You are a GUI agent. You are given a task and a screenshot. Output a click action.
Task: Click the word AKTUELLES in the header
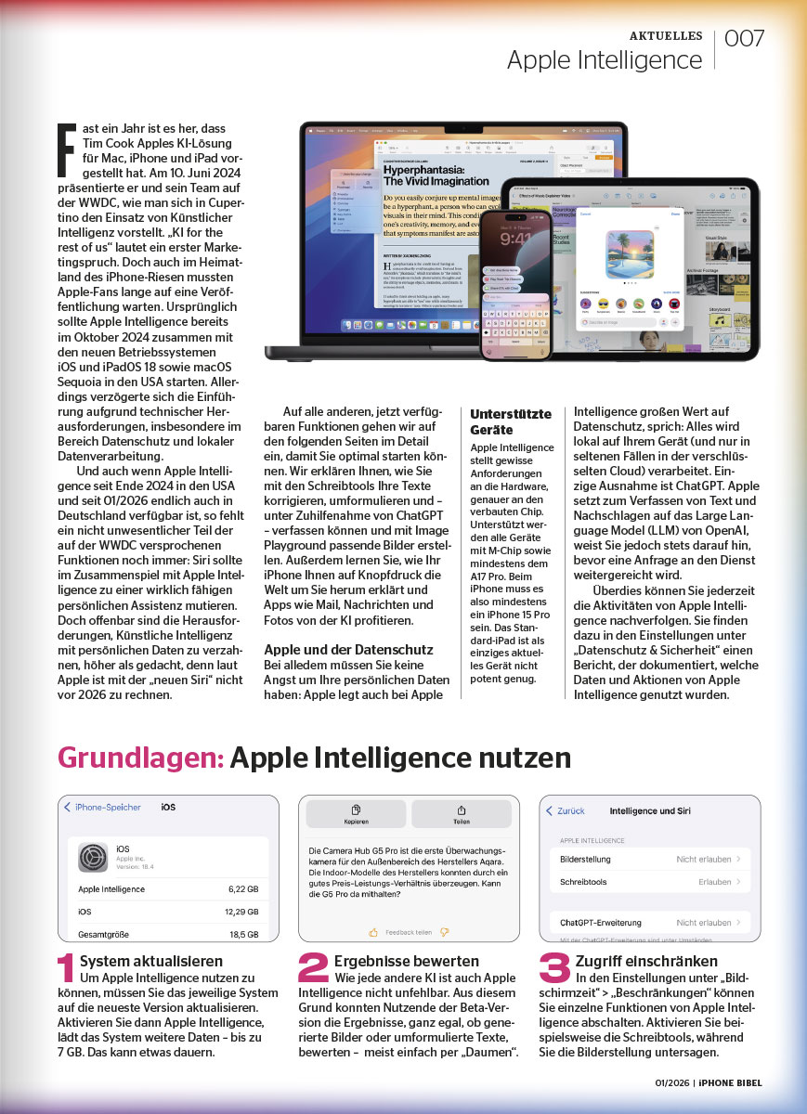tap(666, 35)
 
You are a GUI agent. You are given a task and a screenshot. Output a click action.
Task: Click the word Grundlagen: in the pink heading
tap(140, 758)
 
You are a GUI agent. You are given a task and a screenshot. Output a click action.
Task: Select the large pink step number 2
tap(313, 968)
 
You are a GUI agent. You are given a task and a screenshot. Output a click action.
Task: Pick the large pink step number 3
tap(554, 968)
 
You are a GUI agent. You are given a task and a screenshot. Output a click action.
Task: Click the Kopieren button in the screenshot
tap(356, 814)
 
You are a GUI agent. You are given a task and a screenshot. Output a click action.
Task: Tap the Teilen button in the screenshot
tap(461, 814)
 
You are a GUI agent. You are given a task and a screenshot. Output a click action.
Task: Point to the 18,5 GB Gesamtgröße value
tap(245, 934)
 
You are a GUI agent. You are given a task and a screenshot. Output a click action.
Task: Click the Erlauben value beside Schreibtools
tap(714, 882)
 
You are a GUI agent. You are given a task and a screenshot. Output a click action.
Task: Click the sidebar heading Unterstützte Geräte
tap(510, 421)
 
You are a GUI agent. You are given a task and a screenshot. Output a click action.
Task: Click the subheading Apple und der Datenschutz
tap(347, 650)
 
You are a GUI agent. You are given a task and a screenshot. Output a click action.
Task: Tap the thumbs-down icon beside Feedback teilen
tap(445, 931)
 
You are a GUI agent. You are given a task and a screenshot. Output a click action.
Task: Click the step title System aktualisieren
tap(151, 961)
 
